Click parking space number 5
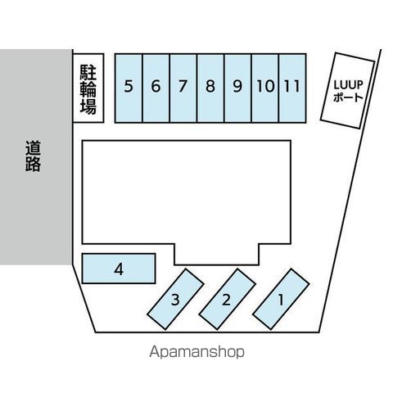[x=129, y=88]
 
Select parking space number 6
[x=156, y=88]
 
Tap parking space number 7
[x=183, y=88]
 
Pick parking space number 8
[x=210, y=88]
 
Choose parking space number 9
[x=237, y=88]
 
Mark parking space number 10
[x=265, y=88]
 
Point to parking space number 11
[x=292, y=88]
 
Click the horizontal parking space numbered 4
[x=119, y=269]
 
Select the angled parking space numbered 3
[x=175, y=299]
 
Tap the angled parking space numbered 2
[x=227, y=299]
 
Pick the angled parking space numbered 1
[x=281, y=299]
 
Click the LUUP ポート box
[x=347, y=90]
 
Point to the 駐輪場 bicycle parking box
[x=88, y=88]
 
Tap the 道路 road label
[x=33, y=156]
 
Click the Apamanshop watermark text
[x=196, y=352]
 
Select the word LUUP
[x=349, y=85]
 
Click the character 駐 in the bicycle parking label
[x=88, y=72]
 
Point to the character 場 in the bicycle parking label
[x=88, y=106]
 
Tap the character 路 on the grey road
[x=33, y=164]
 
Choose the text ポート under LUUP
[x=348, y=97]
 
